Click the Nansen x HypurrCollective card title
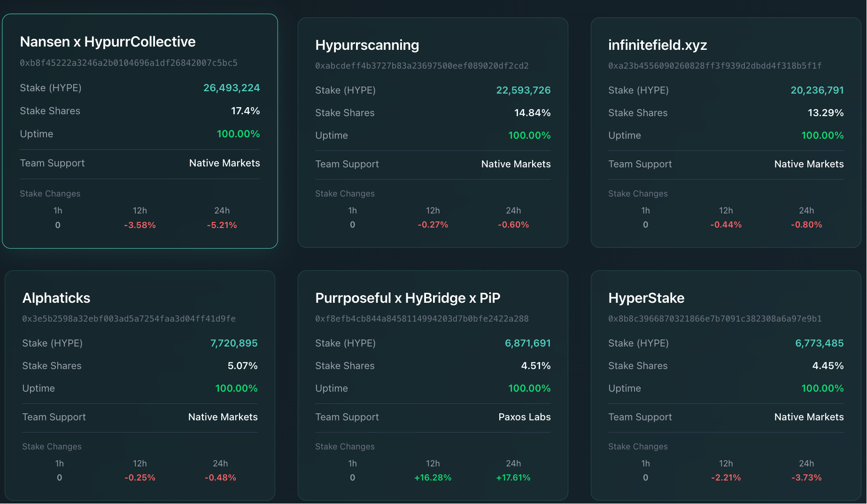(108, 42)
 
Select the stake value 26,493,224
(231, 88)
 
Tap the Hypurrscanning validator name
(367, 45)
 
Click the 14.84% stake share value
(532, 113)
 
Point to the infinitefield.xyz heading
(657, 45)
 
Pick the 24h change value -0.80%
(806, 225)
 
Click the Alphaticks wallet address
(129, 319)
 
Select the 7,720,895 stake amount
(233, 343)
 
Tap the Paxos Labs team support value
(524, 417)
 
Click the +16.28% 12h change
(433, 478)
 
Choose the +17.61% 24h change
(513, 478)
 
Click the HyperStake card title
(646, 298)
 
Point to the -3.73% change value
(806, 478)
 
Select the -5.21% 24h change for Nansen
(222, 225)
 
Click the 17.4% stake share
(245, 111)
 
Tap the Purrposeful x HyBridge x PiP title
(407, 298)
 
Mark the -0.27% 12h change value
(433, 225)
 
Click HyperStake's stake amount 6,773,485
(819, 343)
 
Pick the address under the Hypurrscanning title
(421, 66)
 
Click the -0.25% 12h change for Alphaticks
(139, 478)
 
